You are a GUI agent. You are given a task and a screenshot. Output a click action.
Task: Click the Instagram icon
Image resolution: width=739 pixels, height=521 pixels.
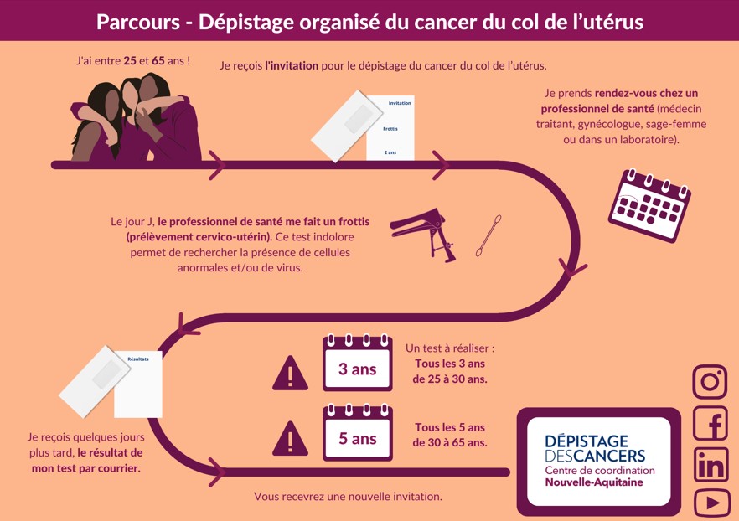711,382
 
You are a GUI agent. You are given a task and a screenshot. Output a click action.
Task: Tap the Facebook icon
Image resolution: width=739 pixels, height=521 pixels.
711,423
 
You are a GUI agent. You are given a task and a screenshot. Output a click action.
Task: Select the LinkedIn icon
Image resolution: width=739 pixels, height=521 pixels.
711,465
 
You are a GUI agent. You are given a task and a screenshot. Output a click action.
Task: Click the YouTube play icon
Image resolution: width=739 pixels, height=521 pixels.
711,503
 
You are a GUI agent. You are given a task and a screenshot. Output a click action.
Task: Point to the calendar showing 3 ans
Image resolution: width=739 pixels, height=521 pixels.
358,364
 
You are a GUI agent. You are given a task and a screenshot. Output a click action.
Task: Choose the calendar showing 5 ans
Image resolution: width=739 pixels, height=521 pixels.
358,432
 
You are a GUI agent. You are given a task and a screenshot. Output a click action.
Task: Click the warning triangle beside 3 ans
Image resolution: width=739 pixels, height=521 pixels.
290,373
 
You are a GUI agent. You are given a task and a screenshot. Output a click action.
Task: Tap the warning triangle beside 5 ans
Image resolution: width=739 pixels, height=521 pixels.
290,439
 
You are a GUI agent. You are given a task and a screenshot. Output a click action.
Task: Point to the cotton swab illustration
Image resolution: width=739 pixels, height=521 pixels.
488,235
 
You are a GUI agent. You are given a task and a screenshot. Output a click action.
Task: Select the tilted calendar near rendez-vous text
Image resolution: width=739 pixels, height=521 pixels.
649,205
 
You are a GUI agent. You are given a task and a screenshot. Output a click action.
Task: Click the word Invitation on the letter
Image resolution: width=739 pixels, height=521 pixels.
400,103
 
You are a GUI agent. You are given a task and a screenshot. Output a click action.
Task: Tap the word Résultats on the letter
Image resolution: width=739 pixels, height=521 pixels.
138,359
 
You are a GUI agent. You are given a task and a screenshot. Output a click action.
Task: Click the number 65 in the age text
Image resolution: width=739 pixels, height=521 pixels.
158,61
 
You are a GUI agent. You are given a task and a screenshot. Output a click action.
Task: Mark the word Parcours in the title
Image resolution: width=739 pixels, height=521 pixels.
138,22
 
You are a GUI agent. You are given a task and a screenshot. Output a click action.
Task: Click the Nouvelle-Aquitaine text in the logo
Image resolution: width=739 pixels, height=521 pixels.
594,482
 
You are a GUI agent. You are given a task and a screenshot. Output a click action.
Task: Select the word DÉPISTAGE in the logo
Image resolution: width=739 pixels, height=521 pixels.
587,441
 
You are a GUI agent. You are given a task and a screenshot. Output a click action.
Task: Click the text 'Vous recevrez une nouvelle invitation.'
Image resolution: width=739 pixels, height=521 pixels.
348,497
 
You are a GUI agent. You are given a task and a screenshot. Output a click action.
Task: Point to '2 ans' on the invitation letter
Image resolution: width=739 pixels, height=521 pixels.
390,152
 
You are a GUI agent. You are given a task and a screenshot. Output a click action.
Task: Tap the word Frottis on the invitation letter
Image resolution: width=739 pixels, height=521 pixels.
390,129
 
